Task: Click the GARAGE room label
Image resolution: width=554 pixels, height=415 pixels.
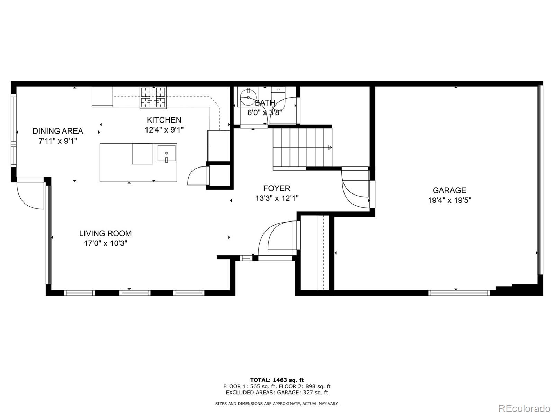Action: (x=449, y=190)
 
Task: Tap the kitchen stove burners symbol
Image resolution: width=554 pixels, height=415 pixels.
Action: (x=153, y=97)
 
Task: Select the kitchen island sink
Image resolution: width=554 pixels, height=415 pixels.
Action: (x=167, y=153)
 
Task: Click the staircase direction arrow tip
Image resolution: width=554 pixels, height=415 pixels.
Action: (x=330, y=147)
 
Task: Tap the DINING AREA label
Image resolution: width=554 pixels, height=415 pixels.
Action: (x=58, y=131)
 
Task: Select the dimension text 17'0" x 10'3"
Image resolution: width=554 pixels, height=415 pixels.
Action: (x=106, y=243)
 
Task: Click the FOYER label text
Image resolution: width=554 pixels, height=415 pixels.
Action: (x=277, y=188)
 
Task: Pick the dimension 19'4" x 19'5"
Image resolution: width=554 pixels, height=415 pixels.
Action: (x=449, y=200)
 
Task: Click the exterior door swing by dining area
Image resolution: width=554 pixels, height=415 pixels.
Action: (x=30, y=196)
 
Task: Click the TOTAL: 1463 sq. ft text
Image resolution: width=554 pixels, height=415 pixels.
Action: (x=277, y=380)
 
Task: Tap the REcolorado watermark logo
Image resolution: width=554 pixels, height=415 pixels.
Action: (x=524, y=408)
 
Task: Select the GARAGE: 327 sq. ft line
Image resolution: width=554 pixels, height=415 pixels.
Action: (x=277, y=393)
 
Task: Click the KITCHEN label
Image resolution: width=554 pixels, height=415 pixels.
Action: (x=164, y=120)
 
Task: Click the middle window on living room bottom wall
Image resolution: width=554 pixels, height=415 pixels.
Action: (x=135, y=293)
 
